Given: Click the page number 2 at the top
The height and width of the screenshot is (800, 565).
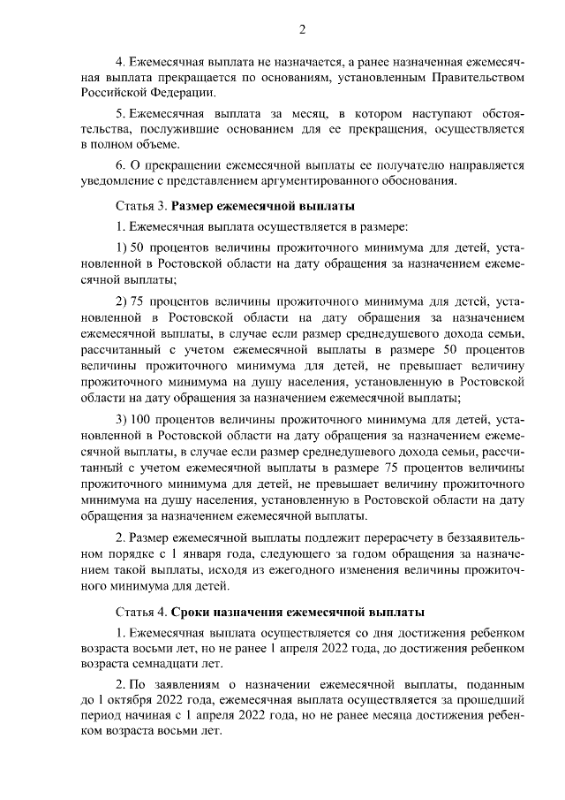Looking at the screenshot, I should pos(302,29).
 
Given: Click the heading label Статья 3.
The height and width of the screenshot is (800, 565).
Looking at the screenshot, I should pos(141,207).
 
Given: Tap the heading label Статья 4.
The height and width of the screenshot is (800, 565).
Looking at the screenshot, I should pos(141,612).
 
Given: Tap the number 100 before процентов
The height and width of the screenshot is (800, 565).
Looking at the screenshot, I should pos(142,417).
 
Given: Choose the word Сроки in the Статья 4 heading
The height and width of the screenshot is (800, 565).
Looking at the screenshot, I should pos(189,612).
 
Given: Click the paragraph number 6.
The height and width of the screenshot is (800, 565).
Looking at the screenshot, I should pos(120,165).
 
